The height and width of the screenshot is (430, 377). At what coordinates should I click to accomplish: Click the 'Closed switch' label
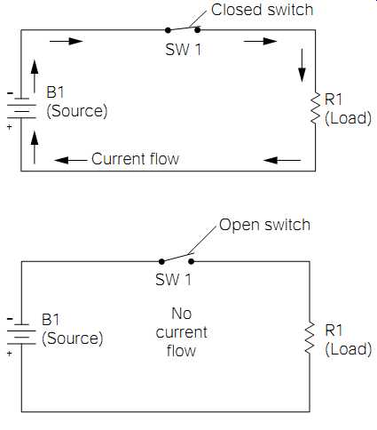pyautogui.click(x=262, y=10)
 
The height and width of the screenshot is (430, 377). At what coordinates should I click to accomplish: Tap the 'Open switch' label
pyautogui.click(x=264, y=225)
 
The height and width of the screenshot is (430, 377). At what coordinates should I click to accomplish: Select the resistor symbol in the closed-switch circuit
pyautogui.click(x=316, y=108)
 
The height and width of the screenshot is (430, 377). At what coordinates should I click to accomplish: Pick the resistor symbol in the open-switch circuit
pyautogui.click(x=310, y=338)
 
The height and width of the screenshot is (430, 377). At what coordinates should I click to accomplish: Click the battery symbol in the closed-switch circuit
pyautogui.click(x=21, y=108)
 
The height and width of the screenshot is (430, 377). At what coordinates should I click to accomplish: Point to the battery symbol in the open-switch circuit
pyautogui.click(x=21, y=335)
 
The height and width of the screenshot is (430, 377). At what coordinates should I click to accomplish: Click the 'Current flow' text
pyautogui.click(x=136, y=159)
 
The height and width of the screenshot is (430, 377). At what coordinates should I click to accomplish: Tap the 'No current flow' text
pyautogui.click(x=181, y=332)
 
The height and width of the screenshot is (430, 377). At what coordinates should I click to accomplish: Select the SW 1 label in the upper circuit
pyautogui.click(x=184, y=50)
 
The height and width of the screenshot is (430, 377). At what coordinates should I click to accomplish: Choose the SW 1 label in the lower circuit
pyautogui.click(x=174, y=280)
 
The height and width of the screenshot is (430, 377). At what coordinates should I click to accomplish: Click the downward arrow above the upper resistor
pyautogui.click(x=302, y=66)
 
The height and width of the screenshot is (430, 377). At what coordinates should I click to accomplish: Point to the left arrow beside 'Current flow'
pyautogui.click(x=71, y=160)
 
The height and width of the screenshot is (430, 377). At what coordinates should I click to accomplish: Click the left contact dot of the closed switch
pyautogui.click(x=168, y=30)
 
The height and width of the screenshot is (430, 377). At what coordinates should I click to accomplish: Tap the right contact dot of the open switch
pyautogui.click(x=192, y=261)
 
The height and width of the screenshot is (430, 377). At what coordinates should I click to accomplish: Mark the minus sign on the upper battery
pyautogui.click(x=10, y=93)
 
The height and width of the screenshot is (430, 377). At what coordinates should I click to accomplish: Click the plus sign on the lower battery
pyautogui.click(x=10, y=354)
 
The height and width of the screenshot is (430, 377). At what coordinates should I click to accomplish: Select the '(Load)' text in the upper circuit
pyautogui.click(x=349, y=118)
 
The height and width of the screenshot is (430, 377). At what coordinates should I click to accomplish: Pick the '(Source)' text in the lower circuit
pyautogui.click(x=73, y=338)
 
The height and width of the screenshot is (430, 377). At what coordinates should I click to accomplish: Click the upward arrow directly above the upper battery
pyautogui.click(x=35, y=76)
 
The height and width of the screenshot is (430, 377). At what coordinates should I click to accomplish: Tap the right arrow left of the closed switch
pyautogui.click(x=67, y=41)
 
